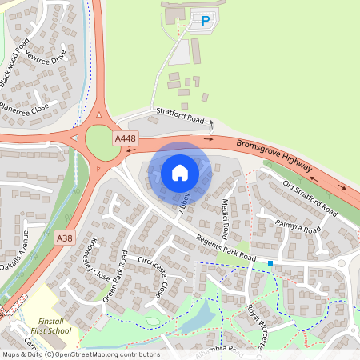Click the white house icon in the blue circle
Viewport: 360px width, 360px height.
coord(180,172)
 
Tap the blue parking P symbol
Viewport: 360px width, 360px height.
coord(206,22)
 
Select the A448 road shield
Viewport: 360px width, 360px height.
coord(125,139)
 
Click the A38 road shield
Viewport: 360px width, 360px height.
coord(64,238)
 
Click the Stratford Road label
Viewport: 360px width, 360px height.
coord(180,114)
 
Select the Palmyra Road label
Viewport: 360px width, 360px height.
coord(297,228)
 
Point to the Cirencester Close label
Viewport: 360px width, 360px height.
coord(151,277)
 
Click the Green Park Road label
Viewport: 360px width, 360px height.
coord(115,276)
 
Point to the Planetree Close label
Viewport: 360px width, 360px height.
coord(24,106)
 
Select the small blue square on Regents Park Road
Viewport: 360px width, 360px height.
coord(270,262)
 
